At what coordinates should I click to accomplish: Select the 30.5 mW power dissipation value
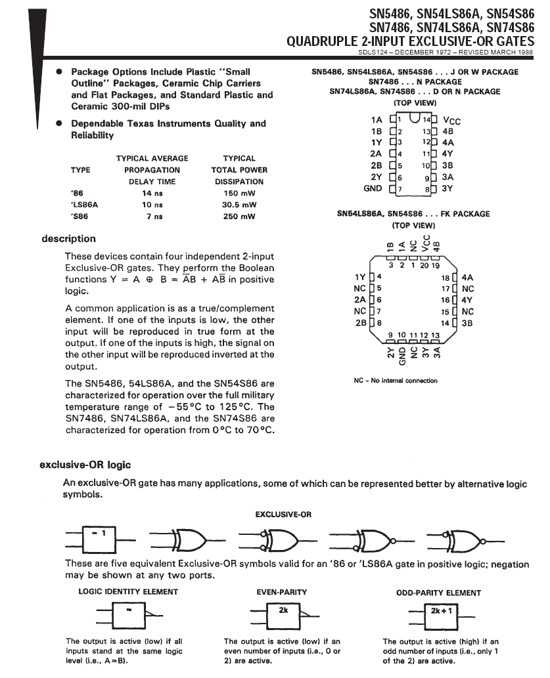click(239, 205)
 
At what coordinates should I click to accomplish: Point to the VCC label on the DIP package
click(452, 121)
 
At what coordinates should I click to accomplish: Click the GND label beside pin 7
click(373, 188)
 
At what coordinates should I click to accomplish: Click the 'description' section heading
click(68, 239)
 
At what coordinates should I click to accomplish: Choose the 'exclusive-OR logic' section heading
click(85, 465)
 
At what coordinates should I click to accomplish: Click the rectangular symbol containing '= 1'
click(98, 539)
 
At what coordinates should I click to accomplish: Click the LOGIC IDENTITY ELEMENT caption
click(128, 592)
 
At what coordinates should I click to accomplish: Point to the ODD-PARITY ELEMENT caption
click(438, 593)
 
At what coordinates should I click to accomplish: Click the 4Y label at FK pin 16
click(468, 300)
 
